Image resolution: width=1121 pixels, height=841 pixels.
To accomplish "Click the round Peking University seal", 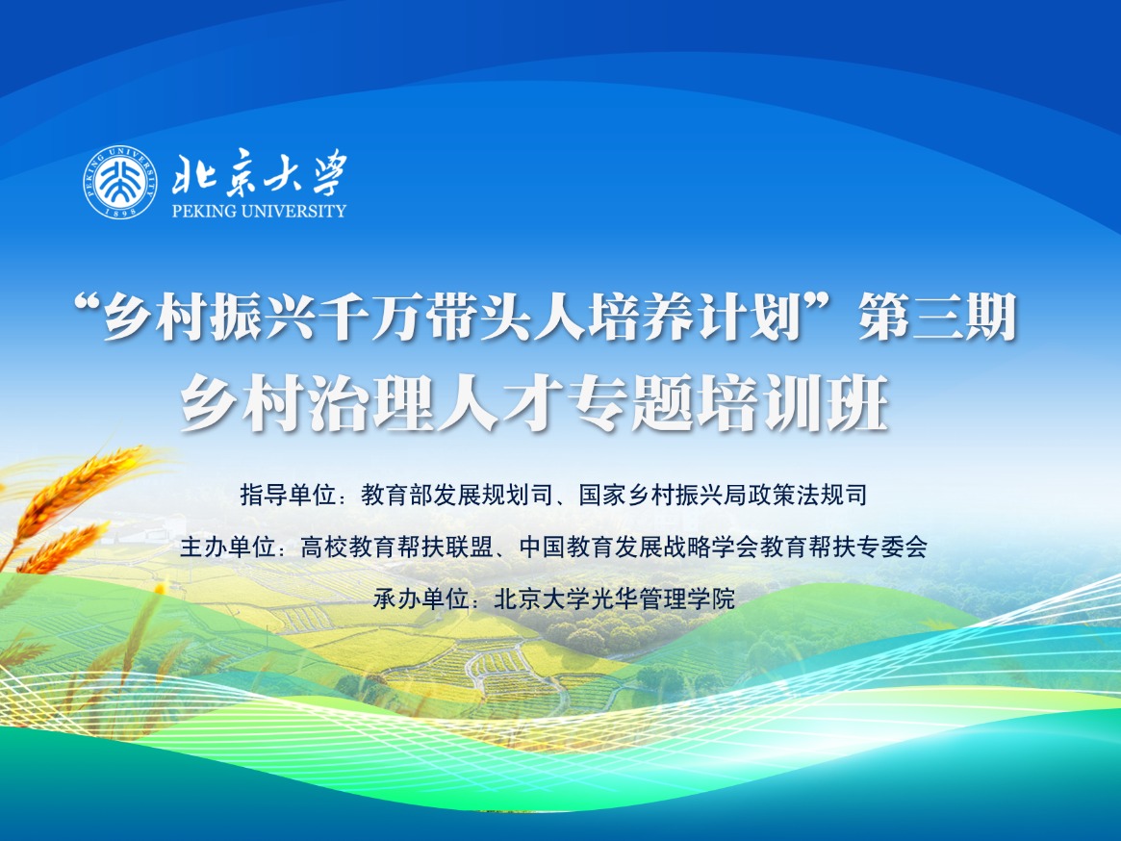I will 119,181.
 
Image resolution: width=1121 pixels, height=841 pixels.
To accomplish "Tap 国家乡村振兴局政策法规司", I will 723,497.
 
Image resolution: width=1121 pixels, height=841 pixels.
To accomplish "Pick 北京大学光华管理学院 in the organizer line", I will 614,599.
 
